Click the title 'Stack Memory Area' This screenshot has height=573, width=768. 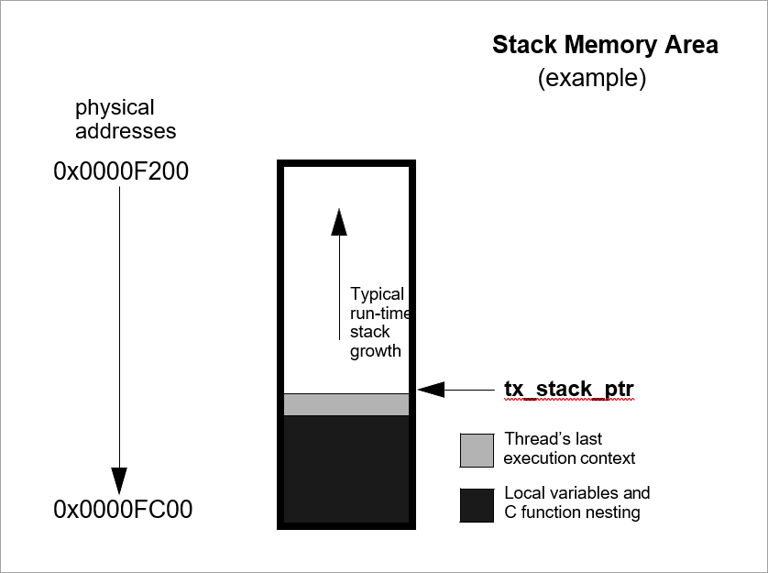tap(605, 45)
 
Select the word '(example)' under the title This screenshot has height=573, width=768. tap(591, 79)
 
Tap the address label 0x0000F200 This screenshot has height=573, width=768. tap(121, 171)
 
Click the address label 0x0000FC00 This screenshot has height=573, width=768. tap(123, 510)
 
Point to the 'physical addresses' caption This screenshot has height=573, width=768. tap(126, 119)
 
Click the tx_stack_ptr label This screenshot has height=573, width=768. tap(568, 390)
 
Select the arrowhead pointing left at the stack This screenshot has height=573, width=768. tap(431, 391)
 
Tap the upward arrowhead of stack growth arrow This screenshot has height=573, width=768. tap(339, 222)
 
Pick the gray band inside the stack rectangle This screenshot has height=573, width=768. tap(346, 404)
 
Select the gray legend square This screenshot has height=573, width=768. tap(477, 449)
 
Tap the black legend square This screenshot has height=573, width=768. tap(477, 505)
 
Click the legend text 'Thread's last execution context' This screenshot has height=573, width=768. tap(569, 448)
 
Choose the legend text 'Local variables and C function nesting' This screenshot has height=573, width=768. tap(576, 502)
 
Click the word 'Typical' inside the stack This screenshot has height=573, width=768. tap(377, 294)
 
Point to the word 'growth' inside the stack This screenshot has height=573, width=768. tap(375, 351)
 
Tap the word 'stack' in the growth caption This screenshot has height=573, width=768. tap(369, 332)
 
